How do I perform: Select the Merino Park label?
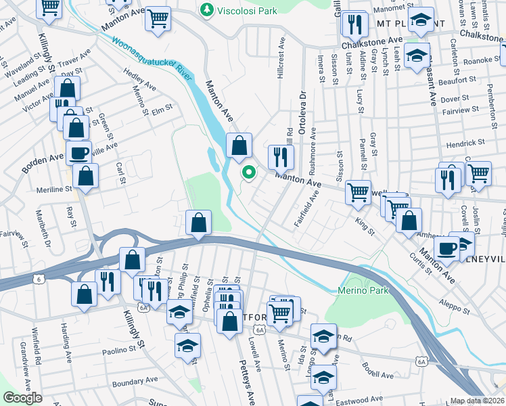pyautogui.click(x=356, y=290)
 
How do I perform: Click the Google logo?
pyautogui.click(x=24, y=398)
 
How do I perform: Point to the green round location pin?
pyautogui.click(x=249, y=173)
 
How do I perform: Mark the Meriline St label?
pyautogui.click(x=54, y=189)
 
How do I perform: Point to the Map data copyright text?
pyautogui.click(x=478, y=401)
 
